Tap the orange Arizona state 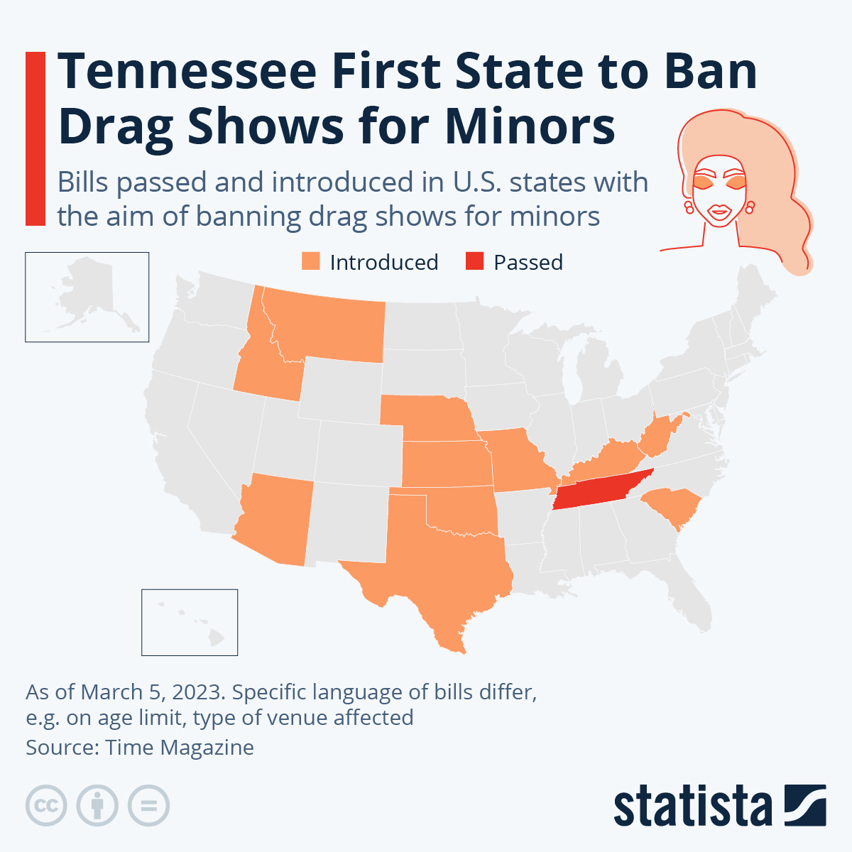point(277,518)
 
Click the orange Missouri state point(518,461)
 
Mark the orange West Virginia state point(657,437)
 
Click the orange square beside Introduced point(311,261)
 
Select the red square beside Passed point(474,261)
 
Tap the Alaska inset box point(87,297)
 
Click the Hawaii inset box point(190,622)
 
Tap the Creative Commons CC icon point(46,806)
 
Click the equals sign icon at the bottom point(149,806)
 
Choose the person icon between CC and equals point(97,806)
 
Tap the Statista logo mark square point(805,805)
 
